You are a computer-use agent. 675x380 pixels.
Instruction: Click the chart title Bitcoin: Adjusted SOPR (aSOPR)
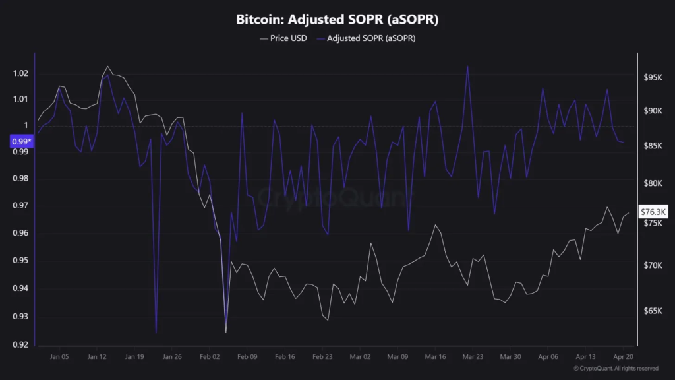tap(337, 20)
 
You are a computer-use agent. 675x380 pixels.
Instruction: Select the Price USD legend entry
tap(283, 38)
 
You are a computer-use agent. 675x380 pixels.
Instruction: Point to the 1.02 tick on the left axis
tap(20, 73)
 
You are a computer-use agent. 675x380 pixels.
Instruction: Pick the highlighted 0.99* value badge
tap(21, 141)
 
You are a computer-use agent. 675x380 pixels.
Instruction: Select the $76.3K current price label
tap(655, 212)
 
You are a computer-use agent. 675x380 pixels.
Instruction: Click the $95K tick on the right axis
tap(652, 78)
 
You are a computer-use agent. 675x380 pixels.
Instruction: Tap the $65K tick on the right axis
tap(652, 311)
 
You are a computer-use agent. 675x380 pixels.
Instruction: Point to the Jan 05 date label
tap(59, 356)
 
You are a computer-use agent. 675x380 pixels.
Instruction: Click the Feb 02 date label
tap(210, 356)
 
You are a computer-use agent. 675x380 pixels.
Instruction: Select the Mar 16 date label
tap(435, 356)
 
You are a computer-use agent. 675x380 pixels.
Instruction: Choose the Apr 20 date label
tap(623, 356)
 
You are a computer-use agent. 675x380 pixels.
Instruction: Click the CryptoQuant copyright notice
tap(616, 368)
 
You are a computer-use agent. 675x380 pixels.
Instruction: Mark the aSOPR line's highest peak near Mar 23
tap(467, 66)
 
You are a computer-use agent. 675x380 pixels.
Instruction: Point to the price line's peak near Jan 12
tap(107, 67)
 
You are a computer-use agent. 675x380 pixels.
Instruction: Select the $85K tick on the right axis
tap(652, 146)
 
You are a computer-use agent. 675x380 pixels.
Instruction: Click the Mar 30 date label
tap(510, 356)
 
